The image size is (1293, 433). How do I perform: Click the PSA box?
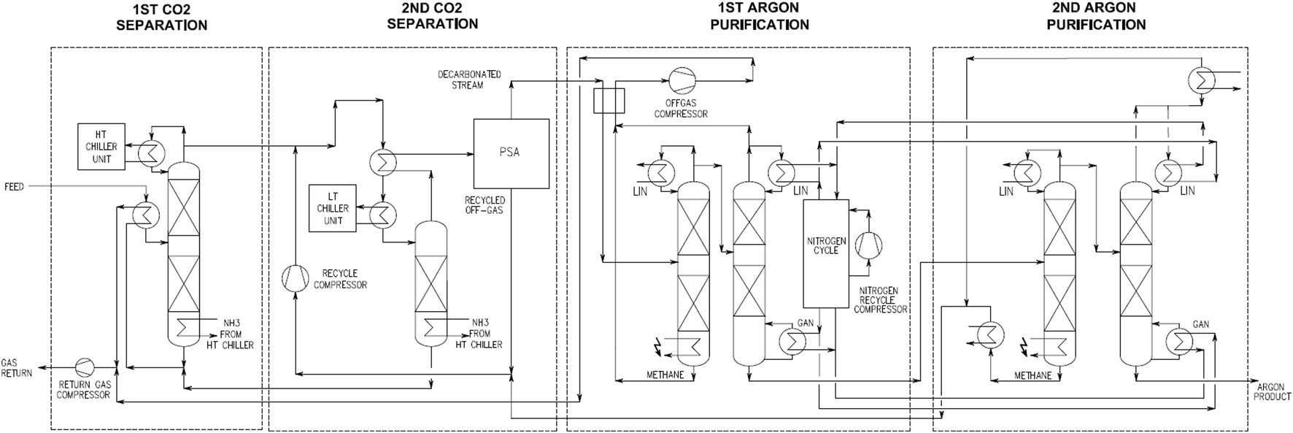coord(511,153)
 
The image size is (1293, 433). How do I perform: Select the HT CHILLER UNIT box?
coord(101,147)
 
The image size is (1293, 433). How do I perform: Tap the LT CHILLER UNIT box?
coord(333,209)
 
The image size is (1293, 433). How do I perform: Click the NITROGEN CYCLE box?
coord(826,253)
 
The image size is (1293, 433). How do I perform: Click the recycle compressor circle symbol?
coord(295,277)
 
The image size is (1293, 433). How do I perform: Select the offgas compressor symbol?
coord(682,79)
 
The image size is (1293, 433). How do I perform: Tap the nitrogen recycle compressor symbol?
coord(868,244)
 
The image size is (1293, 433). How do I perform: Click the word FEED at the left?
coord(14,187)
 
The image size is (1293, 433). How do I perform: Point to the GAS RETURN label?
coord(16,368)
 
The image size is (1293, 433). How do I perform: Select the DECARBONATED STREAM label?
coord(468,80)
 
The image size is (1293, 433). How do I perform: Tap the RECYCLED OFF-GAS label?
coord(485,205)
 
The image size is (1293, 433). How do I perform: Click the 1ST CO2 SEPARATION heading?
coord(161,17)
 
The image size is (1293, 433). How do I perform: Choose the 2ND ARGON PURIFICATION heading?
coord(1095,17)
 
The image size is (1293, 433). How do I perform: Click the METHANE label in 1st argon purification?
coord(665,375)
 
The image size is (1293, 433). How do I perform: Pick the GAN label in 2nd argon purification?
coord(1200,324)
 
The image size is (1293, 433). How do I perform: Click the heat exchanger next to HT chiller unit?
coord(153,153)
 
